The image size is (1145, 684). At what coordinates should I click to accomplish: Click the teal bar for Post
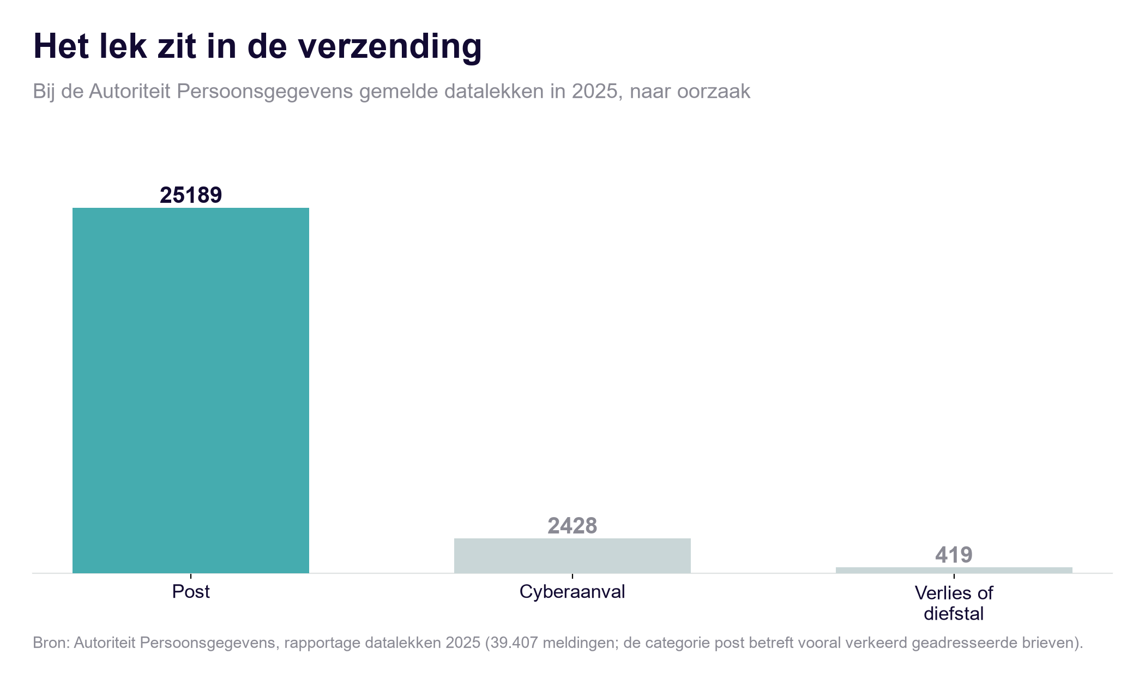pos(191,391)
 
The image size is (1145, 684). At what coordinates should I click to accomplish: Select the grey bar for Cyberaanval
pos(572,556)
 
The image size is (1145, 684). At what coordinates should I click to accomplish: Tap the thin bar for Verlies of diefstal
pos(954,570)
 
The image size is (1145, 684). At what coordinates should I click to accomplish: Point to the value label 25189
pos(191,195)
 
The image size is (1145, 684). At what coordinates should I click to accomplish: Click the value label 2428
pos(572,526)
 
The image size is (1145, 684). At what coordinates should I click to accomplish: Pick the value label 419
pos(954,555)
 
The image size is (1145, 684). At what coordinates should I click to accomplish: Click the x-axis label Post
pos(191,592)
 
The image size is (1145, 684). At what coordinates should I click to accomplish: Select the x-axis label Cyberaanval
pos(572,592)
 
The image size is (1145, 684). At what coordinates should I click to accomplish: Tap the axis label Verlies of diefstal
pos(954,603)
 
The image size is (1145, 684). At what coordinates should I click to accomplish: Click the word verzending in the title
pos(390,47)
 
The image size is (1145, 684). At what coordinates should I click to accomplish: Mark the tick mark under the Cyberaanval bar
pos(572,576)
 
